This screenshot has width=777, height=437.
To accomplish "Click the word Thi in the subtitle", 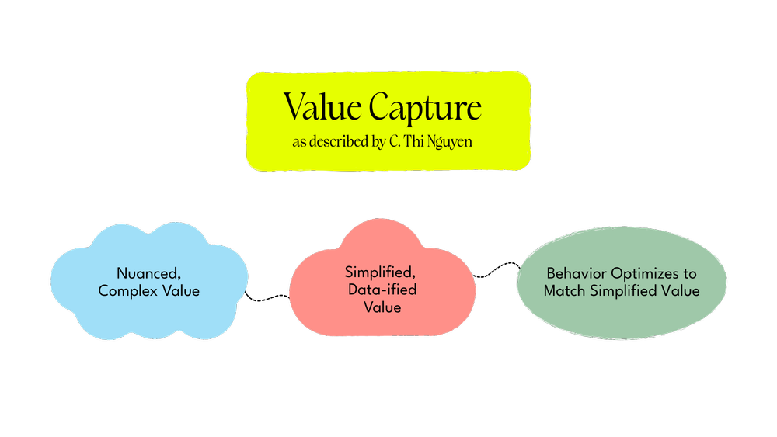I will click(x=416, y=144).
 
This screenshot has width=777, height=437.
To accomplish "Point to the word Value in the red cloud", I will click(x=382, y=307).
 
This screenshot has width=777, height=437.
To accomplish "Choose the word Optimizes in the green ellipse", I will click(x=640, y=274).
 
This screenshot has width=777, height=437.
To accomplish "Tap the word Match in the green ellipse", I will click(x=562, y=291).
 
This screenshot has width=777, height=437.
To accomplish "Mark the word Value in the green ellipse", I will click(x=681, y=291).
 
